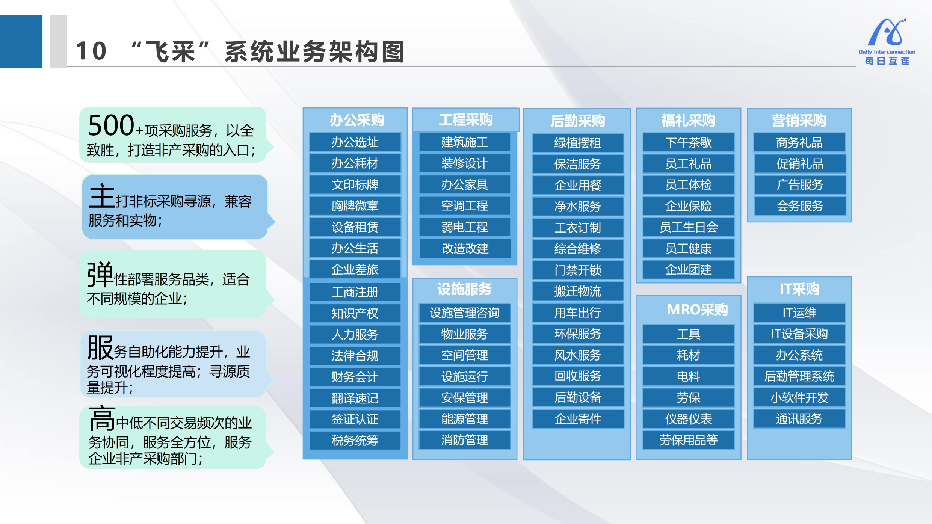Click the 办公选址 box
[355, 142]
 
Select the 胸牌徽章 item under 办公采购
[355, 206]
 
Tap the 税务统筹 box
[355, 440]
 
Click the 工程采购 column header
[465, 120]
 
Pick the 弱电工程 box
[465, 227]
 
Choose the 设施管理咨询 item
[465, 313]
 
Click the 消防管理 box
[465, 440]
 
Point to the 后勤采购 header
[577, 121]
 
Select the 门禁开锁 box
[578, 270]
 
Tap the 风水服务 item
[578, 355]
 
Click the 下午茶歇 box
[689, 143]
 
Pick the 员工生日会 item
[689, 227]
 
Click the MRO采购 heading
[697, 310]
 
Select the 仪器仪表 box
[689, 419]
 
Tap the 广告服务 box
[800, 185]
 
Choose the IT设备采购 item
[799, 334]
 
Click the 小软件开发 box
[799, 397]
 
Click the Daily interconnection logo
[887, 41]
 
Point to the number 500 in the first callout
[111, 125]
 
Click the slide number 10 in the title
[91, 51]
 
